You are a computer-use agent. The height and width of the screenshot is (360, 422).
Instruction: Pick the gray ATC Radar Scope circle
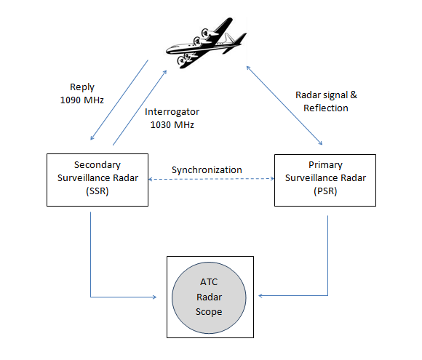click(210, 297)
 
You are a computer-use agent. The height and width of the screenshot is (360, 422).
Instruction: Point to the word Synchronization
click(207, 169)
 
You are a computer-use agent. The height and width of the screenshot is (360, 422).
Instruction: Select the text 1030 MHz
click(172, 124)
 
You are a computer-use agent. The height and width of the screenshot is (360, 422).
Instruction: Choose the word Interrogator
click(172, 112)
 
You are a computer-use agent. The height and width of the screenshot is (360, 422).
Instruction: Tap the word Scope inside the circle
click(210, 311)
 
